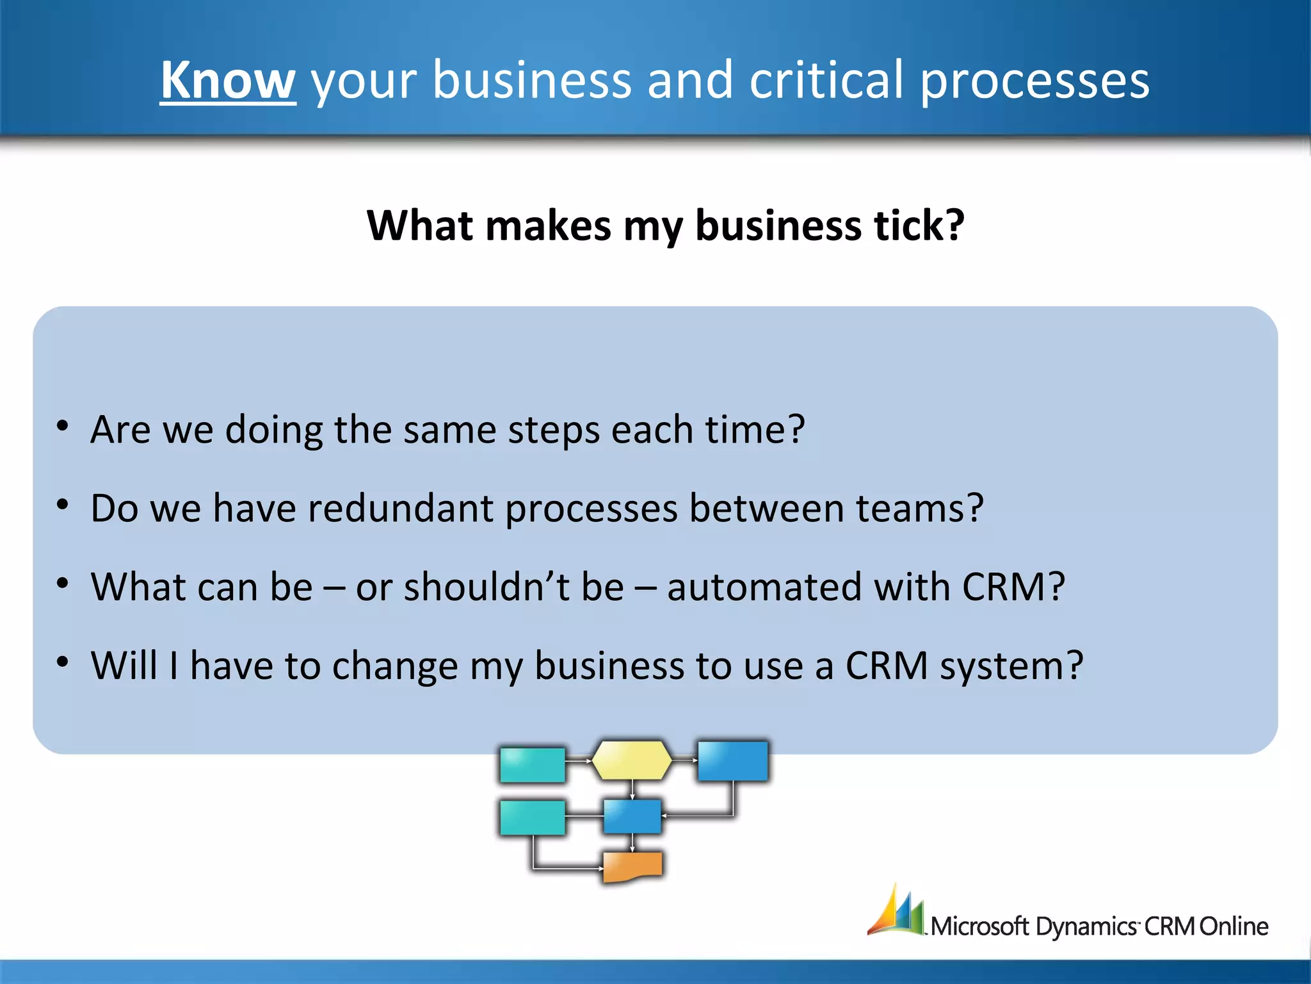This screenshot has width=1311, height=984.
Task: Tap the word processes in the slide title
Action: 1034,81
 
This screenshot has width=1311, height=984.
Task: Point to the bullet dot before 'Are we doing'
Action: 62,426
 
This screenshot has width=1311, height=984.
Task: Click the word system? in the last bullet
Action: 1011,666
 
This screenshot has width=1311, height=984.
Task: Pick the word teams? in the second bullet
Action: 919,508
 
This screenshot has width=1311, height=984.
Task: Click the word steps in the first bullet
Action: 554,430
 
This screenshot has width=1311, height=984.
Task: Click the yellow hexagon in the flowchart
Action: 632,760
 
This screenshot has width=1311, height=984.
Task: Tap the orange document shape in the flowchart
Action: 632,866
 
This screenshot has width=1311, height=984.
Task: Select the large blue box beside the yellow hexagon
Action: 732,761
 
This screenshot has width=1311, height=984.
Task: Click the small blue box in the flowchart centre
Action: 632,816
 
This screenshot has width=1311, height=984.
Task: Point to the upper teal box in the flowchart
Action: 532,764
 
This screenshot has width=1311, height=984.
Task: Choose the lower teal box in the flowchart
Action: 532,817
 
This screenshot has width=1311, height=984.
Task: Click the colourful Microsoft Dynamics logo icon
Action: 896,911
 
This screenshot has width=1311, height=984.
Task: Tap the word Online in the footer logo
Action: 1234,926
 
